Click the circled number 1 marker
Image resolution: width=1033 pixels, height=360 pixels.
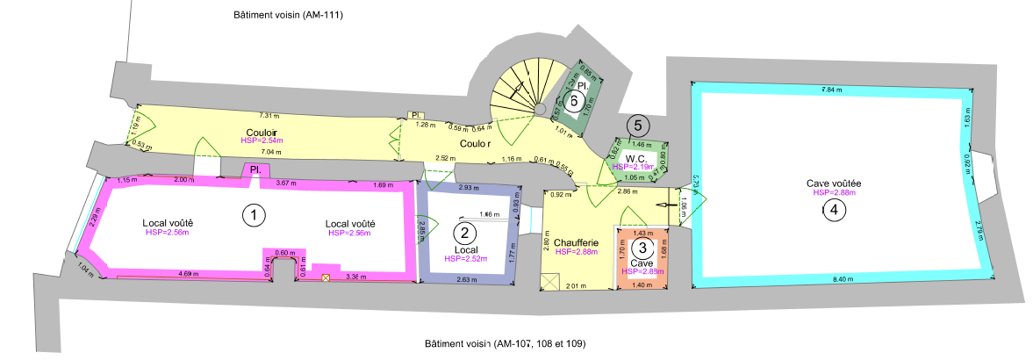pos(254,215)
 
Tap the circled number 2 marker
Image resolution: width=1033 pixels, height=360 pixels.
pos(463,233)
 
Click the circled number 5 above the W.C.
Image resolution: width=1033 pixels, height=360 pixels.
pos(639,125)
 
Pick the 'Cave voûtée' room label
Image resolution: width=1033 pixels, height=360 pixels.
pos(834,183)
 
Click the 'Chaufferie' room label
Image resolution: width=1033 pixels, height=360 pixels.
pos(576,242)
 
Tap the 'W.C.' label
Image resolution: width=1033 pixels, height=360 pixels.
pos(636,157)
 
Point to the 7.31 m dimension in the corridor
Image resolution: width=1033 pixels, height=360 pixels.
pos(269,115)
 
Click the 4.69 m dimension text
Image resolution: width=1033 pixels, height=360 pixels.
pos(187,275)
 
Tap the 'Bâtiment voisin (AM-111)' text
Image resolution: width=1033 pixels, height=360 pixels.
pos(287,16)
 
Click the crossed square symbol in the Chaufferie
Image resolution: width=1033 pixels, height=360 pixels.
pos(550,281)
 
